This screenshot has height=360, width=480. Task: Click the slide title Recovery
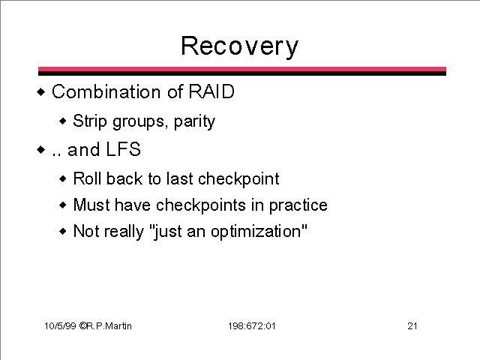pyautogui.click(x=239, y=46)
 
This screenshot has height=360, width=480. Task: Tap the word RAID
pyautogui.click(x=211, y=91)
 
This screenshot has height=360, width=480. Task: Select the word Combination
pyautogui.click(x=106, y=91)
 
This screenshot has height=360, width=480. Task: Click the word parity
pyautogui.click(x=194, y=121)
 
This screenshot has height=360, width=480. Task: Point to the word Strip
pyautogui.click(x=90, y=121)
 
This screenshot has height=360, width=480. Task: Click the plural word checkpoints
pyautogui.click(x=201, y=205)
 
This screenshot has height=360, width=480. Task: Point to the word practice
pyautogui.click(x=298, y=205)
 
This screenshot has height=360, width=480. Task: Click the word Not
pyautogui.click(x=85, y=231)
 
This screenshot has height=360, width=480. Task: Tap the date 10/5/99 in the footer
pyautogui.click(x=60, y=325)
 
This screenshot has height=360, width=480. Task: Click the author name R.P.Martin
pyautogui.click(x=109, y=325)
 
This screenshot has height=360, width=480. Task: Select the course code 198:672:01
pyautogui.click(x=252, y=326)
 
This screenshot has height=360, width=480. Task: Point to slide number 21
pyautogui.click(x=412, y=325)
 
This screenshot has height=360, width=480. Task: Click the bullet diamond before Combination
pyautogui.click(x=40, y=91)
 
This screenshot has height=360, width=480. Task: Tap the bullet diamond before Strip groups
pyautogui.click(x=62, y=121)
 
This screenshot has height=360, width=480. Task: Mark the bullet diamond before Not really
pyautogui.click(x=62, y=231)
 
